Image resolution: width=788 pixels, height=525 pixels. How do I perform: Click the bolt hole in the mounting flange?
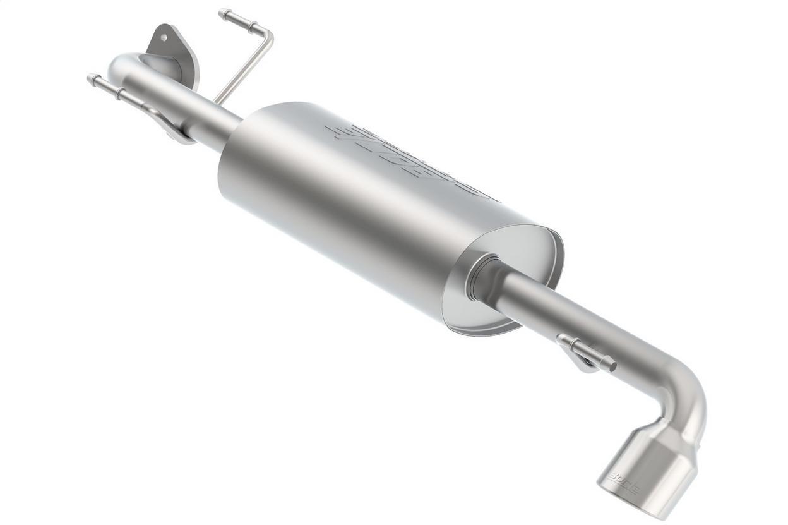pyautogui.click(x=164, y=37)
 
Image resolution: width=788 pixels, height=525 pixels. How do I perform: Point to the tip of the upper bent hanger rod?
pyautogui.click(x=222, y=12)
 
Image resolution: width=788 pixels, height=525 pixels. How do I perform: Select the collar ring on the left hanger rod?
pyautogui.click(x=117, y=92)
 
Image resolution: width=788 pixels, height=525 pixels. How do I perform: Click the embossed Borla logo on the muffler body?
pyautogui.click(x=404, y=161)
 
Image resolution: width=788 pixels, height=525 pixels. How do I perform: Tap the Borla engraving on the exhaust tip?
pyautogui.click(x=623, y=481)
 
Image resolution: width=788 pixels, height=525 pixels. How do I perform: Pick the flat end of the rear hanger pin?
pyautogui.click(x=612, y=365)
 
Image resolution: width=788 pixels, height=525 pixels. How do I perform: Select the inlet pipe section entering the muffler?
pyautogui.click(x=215, y=126)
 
